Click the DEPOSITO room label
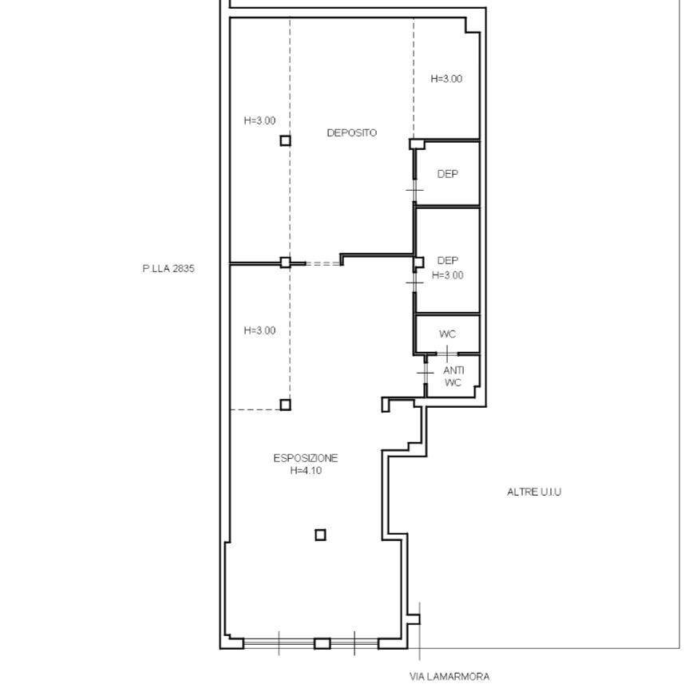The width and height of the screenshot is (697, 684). tap(351, 132)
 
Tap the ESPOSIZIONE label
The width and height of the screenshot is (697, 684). tap(305, 458)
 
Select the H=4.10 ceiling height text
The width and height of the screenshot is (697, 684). tap(306, 471)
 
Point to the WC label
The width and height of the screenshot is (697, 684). tap(447, 334)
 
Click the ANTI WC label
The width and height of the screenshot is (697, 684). tap(453, 377)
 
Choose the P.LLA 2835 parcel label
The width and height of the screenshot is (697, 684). tap(168, 268)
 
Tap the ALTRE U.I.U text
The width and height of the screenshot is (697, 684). tap(534, 492)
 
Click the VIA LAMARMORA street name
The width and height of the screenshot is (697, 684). tap(449, 677)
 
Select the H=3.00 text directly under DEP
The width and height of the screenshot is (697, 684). tap(448, 275)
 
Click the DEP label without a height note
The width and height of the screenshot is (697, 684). tap(448, 174)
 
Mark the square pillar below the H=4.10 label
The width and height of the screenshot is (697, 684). tap(320, 535)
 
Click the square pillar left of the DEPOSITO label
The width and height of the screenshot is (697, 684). tap(285, 141)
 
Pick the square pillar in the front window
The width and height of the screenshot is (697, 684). tap(323, 643)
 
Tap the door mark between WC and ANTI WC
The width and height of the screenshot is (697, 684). tap(447, 354)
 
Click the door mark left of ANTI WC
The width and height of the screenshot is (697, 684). tap(426, 373)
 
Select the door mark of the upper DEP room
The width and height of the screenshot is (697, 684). tap(414, 190)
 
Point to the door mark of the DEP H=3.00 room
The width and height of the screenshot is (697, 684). tap(414, 283)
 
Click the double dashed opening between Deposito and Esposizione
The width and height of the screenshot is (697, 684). tap(323, 263)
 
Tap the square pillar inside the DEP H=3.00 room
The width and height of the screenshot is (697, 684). tap(418, 263)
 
